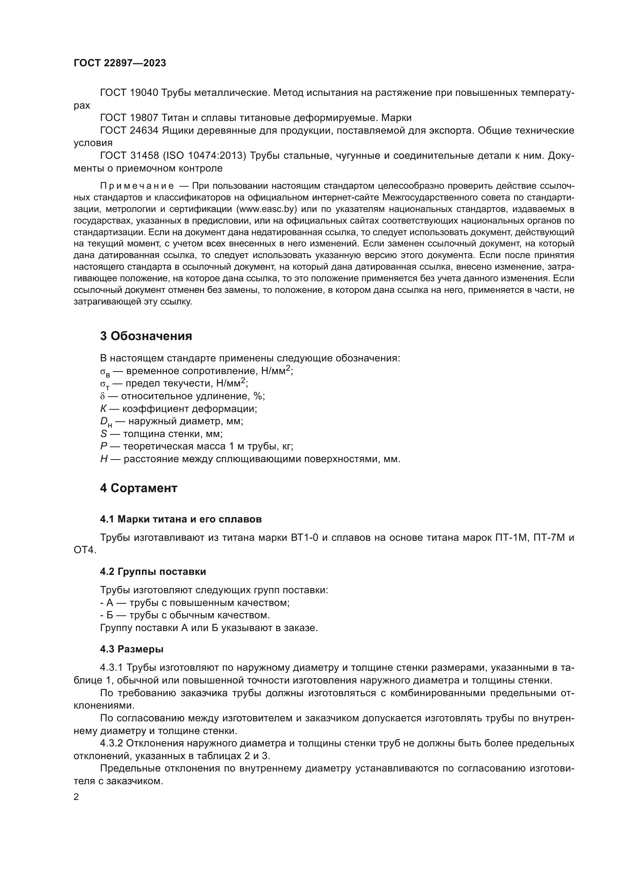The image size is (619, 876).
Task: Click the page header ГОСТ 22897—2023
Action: click(120, 63)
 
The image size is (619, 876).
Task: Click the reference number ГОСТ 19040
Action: click(129, 93)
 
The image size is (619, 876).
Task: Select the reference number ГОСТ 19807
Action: click(129, 118)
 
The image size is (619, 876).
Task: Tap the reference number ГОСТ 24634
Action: click(129, 130)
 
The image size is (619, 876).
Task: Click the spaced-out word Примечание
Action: click(137, 186)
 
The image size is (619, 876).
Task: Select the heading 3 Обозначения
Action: click(146, 336)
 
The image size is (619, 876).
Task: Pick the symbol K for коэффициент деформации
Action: click(103, 409)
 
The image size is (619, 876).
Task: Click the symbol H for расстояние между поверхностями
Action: click(104, 459)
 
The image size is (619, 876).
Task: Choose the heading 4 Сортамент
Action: click(139, 488)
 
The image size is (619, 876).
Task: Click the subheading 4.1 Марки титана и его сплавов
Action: click(181, 519)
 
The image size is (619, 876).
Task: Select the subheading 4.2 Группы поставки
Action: click(153, 572)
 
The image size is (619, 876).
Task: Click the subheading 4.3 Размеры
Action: click(131, 649)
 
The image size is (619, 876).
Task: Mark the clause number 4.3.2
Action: click(111, 743)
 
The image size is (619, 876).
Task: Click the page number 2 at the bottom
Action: click(76, 797)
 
